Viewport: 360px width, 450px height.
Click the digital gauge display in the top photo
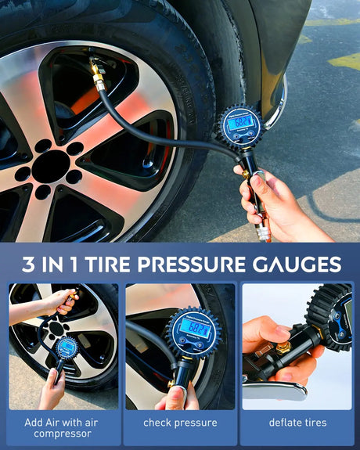[x=239, y=122]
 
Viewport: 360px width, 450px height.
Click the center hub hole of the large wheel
[x=51, y=165]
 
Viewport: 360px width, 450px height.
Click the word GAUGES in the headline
[x=301, y=264]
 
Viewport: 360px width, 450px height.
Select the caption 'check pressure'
[x=180, y=423]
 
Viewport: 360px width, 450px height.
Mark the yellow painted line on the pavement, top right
[x=344, y=60]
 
